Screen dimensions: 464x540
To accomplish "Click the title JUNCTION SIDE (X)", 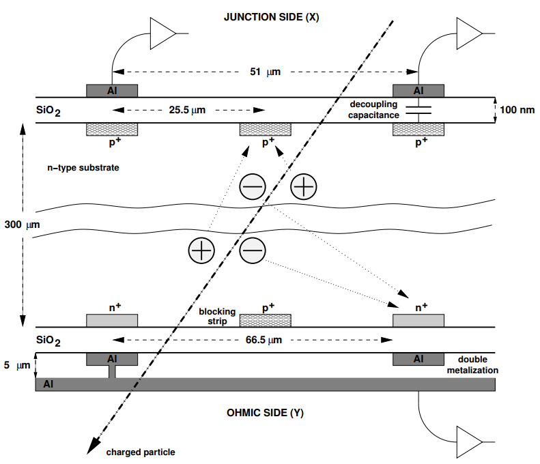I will tap(271, 17).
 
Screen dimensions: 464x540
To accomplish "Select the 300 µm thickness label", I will tap(19, 224).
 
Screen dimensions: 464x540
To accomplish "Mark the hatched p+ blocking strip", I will tap(265, 320).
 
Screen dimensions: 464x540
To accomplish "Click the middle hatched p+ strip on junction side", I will tap(265, 130).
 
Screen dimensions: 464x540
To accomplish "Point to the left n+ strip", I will tap(112, 320).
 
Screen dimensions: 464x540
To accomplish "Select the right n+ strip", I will tap(418, 320).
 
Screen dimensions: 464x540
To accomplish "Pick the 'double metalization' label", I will tap(477, 364).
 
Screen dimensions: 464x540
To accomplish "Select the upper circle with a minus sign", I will tap(253, 186).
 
